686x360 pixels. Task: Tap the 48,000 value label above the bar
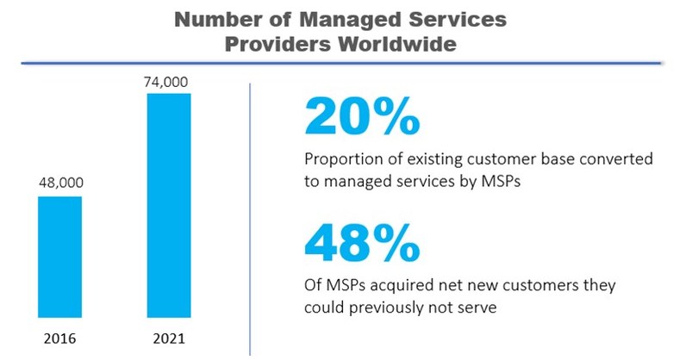click(x=59, y=183)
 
